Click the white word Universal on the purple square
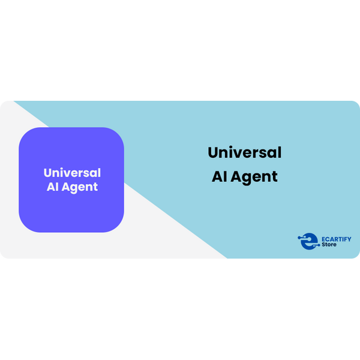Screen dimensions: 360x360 point(72,173)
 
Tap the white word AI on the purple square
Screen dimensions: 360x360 point(52,187)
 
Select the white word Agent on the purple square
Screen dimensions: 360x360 point(79,188)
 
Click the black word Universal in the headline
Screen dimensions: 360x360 point(245,152)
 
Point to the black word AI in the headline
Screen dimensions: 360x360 point(220,176)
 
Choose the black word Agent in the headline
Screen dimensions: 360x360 point(254,178)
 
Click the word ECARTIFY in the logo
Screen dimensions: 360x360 point(337,239)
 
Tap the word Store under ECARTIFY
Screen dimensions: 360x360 point(329,245)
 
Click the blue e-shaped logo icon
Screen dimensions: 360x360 point(309,241)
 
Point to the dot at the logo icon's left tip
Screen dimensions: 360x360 point(299,238)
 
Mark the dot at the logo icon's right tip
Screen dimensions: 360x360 point(319,245)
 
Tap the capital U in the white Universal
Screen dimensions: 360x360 point(48,173)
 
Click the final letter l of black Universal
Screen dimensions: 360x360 point(280,152)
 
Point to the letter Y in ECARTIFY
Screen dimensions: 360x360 point(349,239)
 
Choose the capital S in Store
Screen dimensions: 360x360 point(323,245)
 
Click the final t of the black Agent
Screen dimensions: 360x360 point(275,177)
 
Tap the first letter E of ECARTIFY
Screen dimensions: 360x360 point(323,239)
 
